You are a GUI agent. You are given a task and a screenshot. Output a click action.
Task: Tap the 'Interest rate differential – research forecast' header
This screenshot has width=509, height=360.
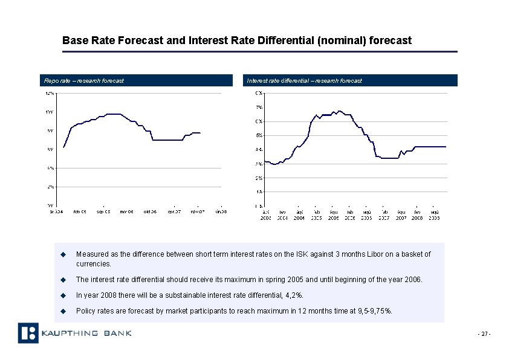point(304,80)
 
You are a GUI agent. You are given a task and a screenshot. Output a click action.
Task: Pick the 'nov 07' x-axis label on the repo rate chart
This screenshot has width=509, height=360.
point(198,211)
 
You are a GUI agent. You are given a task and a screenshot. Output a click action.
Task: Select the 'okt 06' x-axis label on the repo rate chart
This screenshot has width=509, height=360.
point(151,211)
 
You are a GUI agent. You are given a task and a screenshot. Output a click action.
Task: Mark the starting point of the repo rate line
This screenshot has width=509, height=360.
point(63,147)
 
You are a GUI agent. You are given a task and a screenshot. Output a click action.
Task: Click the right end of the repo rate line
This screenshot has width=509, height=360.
point(200,132)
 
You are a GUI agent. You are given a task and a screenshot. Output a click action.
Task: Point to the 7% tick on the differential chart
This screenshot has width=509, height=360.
point(258,108)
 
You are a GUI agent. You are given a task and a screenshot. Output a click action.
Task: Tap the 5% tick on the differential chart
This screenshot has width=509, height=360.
point(258,135)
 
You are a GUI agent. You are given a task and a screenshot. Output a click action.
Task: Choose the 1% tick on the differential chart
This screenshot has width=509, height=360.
point(258,191)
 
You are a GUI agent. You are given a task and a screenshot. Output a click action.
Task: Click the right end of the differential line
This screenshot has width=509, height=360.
point(446,147)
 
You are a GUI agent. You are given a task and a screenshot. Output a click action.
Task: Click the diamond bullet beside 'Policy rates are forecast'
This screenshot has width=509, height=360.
point(62,311)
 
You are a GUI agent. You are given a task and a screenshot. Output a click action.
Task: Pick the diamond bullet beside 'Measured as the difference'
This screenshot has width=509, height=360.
point(62,254)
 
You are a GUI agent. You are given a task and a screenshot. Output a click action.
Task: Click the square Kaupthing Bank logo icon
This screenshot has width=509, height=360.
point(28,333)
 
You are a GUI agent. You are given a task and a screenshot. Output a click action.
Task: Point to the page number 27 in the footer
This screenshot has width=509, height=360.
point(484,334)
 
